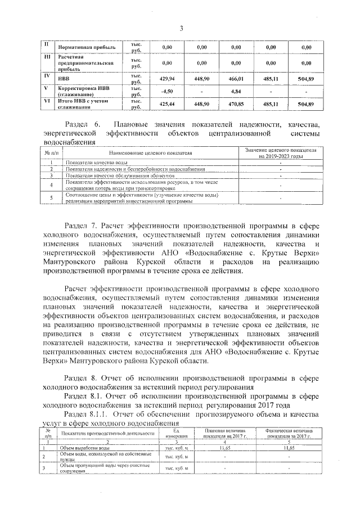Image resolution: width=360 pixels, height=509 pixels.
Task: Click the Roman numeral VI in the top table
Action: (x=47, y=102)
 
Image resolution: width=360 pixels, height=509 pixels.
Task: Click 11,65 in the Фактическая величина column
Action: (x=289, y=448)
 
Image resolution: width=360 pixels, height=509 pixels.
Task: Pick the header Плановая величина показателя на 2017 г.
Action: (x=225, y=433)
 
